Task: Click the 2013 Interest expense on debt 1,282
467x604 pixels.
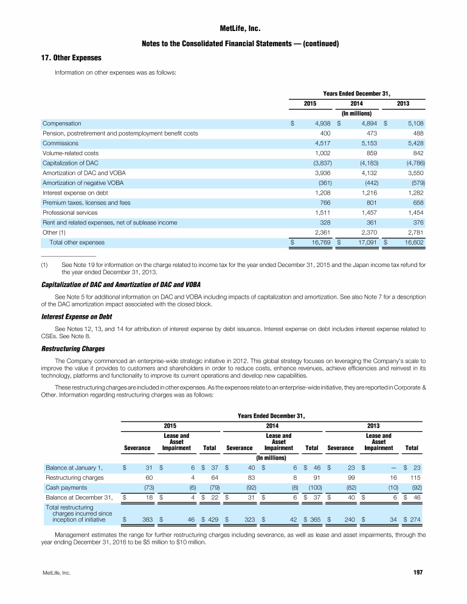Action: (x=414, y=193)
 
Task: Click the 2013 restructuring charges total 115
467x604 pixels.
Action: (x=417, y=477)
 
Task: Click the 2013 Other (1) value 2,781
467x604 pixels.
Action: (x=414, y=232)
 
